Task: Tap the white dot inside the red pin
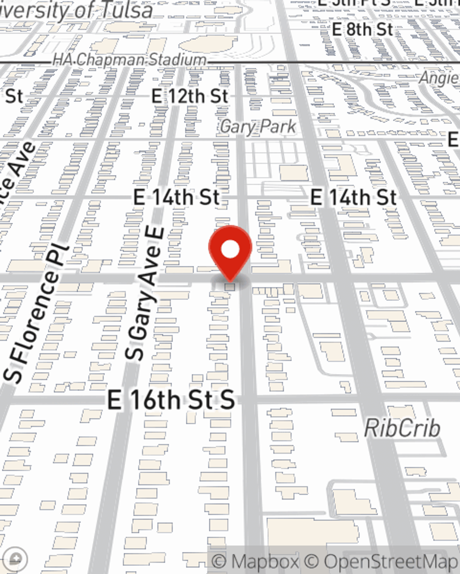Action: pos(230,250)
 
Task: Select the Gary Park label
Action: pos(258,126)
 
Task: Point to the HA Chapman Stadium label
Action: pos(129,60)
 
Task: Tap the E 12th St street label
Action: pos(190,96)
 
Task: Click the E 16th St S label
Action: pos(171,400)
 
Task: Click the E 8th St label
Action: pos(362,30)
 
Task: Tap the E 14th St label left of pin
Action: pos(176,197)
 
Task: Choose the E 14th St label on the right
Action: pos(353,197)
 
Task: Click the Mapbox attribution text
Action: pos(255,562)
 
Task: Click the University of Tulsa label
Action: pos(76,10)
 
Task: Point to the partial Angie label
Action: pos(439,78)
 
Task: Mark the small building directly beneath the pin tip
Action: pos(230,287)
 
